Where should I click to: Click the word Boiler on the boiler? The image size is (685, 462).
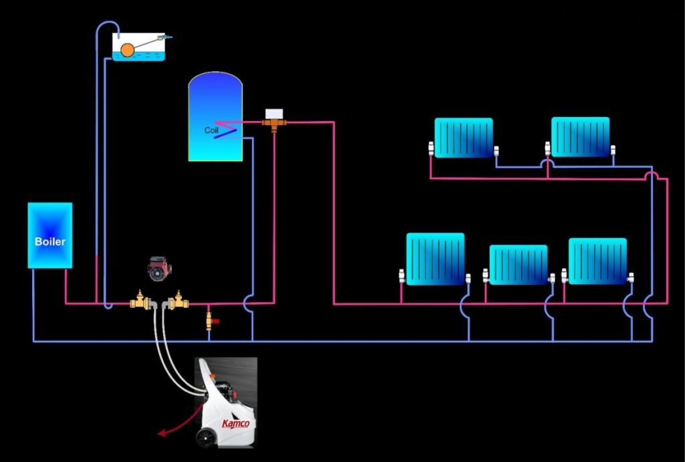50,241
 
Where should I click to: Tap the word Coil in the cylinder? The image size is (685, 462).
211,130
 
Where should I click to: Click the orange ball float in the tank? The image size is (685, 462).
128,49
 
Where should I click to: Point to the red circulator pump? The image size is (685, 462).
159,268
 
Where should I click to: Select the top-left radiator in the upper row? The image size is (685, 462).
464,138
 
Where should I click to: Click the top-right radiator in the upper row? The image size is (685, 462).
580,136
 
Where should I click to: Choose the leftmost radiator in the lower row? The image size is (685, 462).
435,259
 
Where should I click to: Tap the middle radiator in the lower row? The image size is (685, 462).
518,265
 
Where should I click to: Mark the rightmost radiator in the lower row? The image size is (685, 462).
597,261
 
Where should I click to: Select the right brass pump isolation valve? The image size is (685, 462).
178,302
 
